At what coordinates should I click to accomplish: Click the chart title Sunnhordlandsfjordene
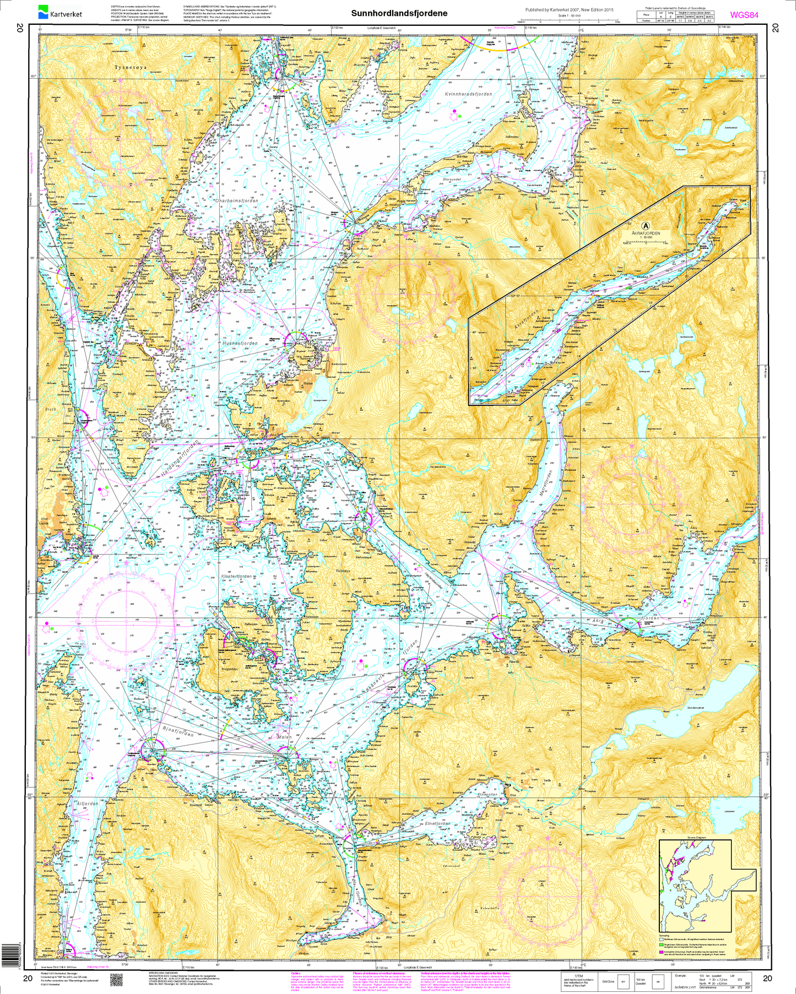[399, 13]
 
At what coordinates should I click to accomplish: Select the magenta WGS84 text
[744, 15]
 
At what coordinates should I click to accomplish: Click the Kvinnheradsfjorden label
[468, 95]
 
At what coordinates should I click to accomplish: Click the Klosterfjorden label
[236, 577]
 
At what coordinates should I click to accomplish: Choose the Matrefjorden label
[549, 484]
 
